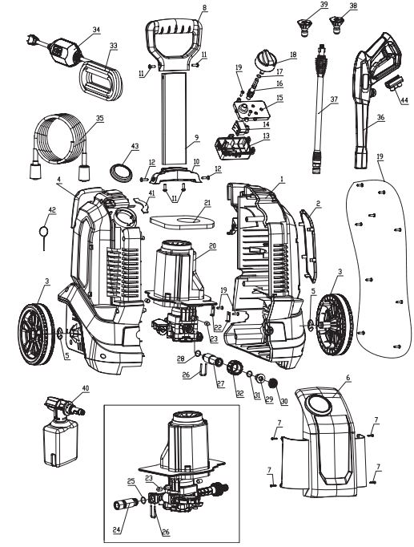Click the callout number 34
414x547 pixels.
[x=96, y=30]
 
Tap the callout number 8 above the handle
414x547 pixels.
[x=203, y=7]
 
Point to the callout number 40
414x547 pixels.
[x=86, y=388]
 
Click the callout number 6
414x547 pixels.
[x=348, y=377]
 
